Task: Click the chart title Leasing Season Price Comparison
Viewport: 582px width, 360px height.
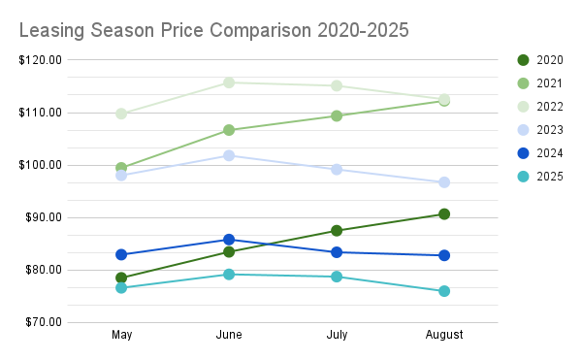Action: click(x=213, y=30)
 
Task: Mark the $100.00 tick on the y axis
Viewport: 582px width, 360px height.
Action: click(x=42, y=165)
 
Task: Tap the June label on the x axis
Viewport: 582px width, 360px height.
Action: click(x=229, y=335)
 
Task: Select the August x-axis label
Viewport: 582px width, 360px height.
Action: click(x=444, y=335)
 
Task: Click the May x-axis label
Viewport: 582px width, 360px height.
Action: click(x=121, y=335)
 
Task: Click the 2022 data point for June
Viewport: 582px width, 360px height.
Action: click(x=229, y=82)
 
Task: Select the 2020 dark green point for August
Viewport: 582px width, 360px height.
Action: click(x=444, y=213)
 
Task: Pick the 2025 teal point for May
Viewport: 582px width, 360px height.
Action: click(x=121, y=288)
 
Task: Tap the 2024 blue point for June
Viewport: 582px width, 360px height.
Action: click(x=229, y=240)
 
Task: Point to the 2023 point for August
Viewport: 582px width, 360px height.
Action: click(x=444, y=182)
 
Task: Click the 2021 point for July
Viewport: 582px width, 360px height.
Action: click(x=337, y=115)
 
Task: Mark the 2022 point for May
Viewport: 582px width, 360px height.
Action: click(x=121, y=114)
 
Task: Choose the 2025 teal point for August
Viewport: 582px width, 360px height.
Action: click(x=444, y=291)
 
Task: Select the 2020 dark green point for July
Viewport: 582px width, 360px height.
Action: click(x=337, y=231)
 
